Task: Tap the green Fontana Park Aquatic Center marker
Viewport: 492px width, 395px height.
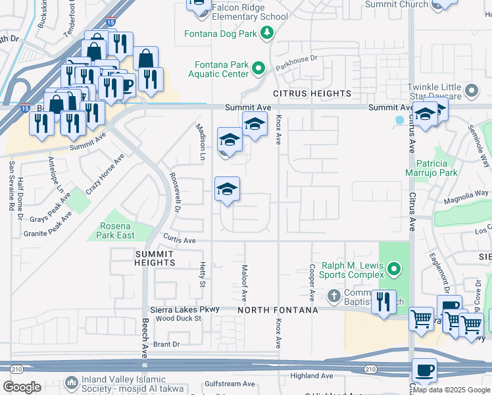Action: [x=258, y=68]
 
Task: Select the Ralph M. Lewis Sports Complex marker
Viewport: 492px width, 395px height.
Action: [x=393, y=269]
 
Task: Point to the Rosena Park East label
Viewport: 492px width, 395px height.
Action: [x=116, y=230]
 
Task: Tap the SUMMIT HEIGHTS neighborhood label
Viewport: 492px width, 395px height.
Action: [x=155, y=257]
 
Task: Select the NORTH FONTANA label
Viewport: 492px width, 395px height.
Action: [x=278, y=309]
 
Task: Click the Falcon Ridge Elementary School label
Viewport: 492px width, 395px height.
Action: [x=250, y=16]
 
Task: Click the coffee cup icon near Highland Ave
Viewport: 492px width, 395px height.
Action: [x=424, y=370]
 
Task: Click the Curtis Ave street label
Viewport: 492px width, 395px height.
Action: [x=180, y=241]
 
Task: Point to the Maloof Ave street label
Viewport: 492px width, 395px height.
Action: [x=243, y=282]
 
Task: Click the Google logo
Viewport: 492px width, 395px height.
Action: [x=22, y=387]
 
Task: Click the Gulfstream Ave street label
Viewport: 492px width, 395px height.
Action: [x=230, y=384]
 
